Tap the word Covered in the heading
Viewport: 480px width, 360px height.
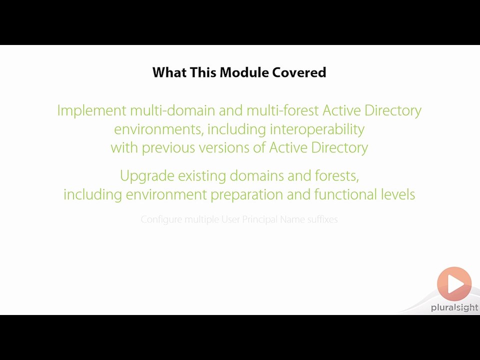pyautogui.click(x=299, y=72)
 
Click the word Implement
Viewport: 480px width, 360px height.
pyautogui.click(x=91, y=110)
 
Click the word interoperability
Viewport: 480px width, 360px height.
pyautogui.click(x=317, y=129)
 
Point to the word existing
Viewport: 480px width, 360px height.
pyautogui.click(x=202, y=176)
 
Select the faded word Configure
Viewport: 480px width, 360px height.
pyautogui.click(x=161, y=219)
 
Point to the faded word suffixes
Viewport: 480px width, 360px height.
pyautogui.click(x=322, y=219)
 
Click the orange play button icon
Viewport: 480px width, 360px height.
pyautogui.click(x=454, y=284)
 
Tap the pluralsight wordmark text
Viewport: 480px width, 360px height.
pyautogui.click(x=454, y=308)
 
